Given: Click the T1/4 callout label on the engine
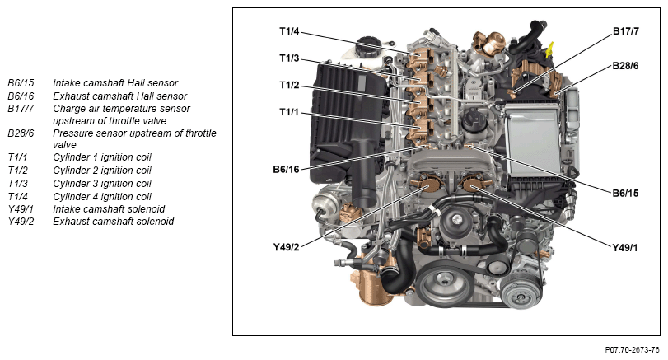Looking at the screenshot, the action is (x=289, y=31).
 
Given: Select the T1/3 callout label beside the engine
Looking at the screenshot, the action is (x=289, y=58).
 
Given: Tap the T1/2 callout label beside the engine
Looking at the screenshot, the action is (x=289, y=85).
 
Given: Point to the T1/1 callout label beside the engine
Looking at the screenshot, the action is (x=289, y=111).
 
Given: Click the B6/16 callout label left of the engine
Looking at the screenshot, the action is (x=286, y=169).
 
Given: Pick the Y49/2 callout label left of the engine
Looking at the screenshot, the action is (x=286, y=247).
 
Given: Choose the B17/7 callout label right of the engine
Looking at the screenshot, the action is (x=626, y=31).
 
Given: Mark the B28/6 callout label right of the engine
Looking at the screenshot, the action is (x=626, y=66).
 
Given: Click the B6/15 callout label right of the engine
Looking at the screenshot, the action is (x=626, y=193).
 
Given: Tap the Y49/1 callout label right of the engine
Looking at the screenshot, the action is (x=625, y=247).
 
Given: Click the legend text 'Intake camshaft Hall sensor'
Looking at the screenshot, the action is (x=115, y=83).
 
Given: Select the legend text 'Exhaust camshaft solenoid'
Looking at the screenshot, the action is (x=114, y=222).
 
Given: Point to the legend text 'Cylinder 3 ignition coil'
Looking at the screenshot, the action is (x=102, y=184).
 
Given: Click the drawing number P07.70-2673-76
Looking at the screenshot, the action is (x=633, y=350).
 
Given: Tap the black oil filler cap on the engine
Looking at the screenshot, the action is (x=474, y=120).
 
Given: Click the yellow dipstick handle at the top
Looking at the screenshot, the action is (x=550, y=49).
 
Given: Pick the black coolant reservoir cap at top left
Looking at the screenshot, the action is (x=367, y=46).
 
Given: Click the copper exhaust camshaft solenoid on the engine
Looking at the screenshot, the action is (x=428, y=187).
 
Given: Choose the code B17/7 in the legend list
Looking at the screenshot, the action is (x=21, y=109).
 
